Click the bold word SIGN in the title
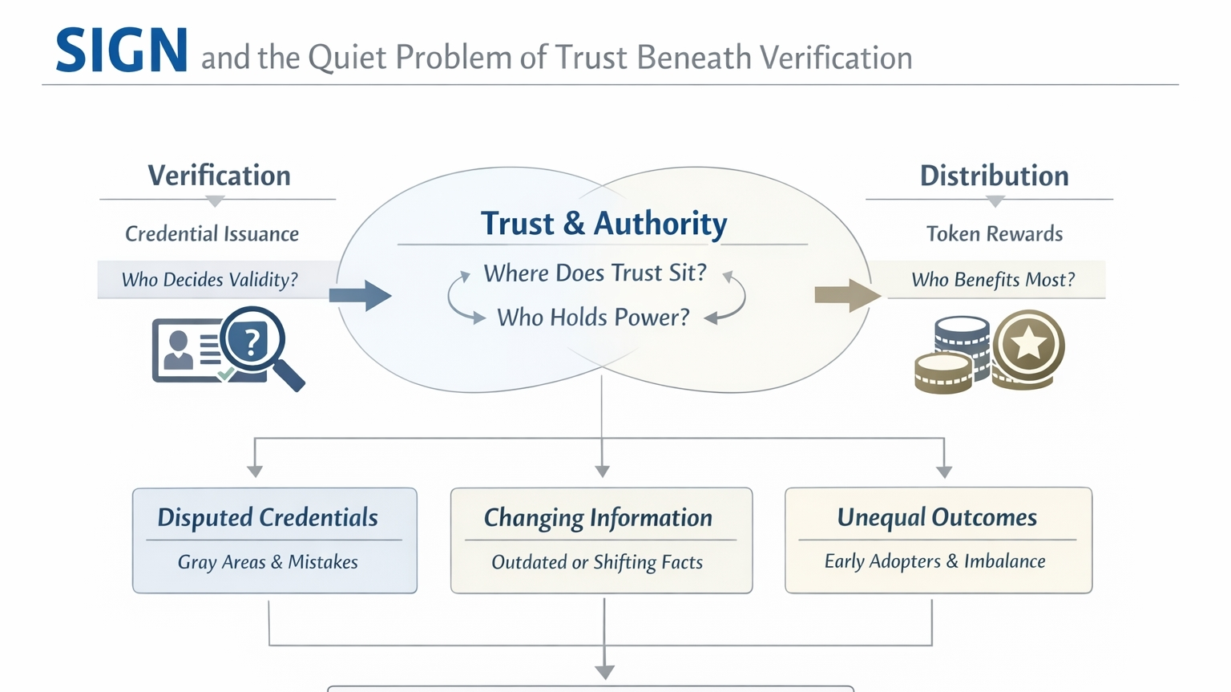[x=122, y=51]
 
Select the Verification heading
[x=219, y=176]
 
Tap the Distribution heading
[x=994, y=176]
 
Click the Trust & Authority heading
[x=603, y=223]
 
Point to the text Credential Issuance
[x=212, y=234]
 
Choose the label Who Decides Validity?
[x=209, y=280]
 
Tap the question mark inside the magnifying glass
[x=252, y=342]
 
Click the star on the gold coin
[x=1028, y=345]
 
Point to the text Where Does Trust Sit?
[x=595, y=273]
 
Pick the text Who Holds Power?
[x=593, y=318]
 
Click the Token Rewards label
[x=994, y=234]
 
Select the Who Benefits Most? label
[x=993, y=280]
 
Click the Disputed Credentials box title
[x=268, y=518]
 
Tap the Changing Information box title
[x=598, y=518]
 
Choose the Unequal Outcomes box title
[x=937, y=518]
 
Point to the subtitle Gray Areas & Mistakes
[x=268, y=562]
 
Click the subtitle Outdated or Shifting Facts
[x=597, y=562]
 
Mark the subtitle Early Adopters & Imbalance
[x=934, y=561]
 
